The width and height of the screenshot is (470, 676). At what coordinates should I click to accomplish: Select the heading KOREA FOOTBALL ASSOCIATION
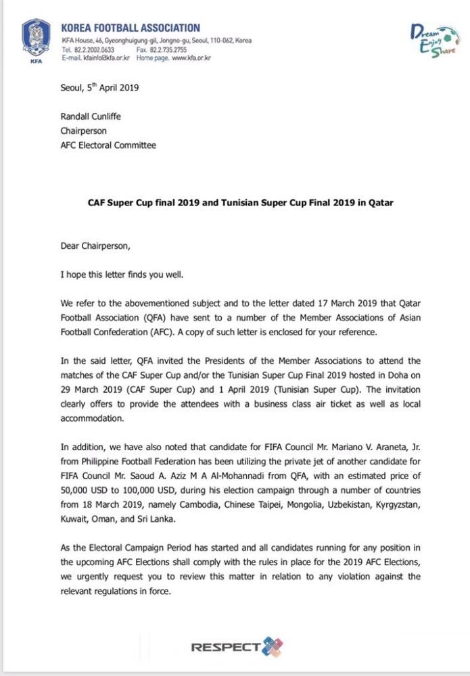pos(131,28)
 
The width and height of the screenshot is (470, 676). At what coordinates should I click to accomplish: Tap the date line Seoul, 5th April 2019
pos(99,87)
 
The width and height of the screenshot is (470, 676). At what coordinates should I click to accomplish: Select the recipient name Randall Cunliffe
pos(91,116)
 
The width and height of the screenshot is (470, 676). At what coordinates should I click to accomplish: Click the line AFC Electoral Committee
pos(108,145)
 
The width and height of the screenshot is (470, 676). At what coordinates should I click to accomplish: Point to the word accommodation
pos(93,418)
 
